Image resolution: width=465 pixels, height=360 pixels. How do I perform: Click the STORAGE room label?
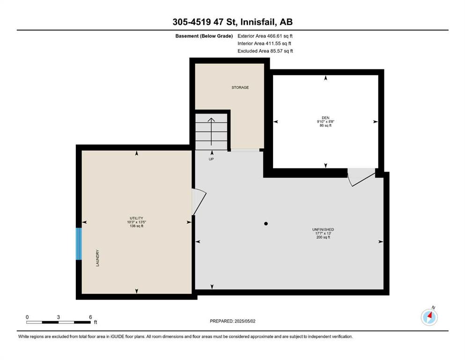(x=240, y=88)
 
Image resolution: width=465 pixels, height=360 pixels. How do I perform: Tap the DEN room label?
(x=325, y=118)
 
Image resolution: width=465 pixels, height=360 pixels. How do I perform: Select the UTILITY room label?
(x=136, y=218)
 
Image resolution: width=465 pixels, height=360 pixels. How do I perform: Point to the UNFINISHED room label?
(x=323, y=229)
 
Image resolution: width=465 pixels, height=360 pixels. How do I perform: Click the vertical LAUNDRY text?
(x=97, y=258)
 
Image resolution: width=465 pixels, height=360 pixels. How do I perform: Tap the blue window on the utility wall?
(x=79, y=244)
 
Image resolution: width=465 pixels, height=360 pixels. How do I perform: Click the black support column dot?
(x=266, y=224)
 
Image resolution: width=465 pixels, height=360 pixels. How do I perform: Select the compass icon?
(x=429, y=317)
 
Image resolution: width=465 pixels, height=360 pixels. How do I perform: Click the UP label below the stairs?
(x=211, y=159)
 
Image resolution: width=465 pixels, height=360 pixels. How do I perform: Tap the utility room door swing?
(x=199, y=202)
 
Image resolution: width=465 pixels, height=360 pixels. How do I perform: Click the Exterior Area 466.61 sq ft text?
(x=265, y=36)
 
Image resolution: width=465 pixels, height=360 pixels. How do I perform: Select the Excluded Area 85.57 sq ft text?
(x=265, y=51)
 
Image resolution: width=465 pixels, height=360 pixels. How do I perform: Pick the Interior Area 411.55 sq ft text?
(x=264, y=43)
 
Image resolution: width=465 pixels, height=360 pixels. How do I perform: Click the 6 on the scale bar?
(x=90, y=317)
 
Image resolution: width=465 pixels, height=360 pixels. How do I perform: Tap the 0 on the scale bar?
(x=27, y=317)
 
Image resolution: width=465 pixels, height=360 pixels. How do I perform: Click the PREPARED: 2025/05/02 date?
(x=232, y=321)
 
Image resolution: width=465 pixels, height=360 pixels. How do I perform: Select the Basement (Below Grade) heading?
(x=204, y=36)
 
